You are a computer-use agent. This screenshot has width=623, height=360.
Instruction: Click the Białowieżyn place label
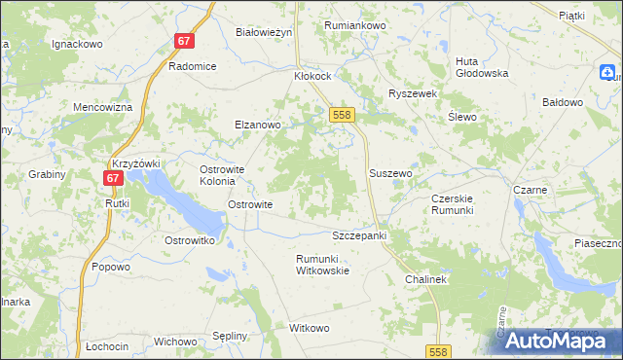pyautogui.click(x=264, y=32)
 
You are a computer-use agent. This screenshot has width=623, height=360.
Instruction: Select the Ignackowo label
pyautogui.click(x=78, y=45)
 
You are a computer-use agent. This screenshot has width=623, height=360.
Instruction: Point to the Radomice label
pyautogui.click(x=191, y=66)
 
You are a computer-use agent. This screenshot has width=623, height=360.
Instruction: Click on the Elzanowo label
pyautogui.click(x=257, y=125)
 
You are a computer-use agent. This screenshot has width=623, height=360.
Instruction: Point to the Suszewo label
pyautogui.click(x=391, y=173)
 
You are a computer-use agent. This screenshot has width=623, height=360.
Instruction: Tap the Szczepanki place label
pyautogui.click(x=360, y=236)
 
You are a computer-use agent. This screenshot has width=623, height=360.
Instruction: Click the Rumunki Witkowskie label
pyautogui.click(x=322, y=264)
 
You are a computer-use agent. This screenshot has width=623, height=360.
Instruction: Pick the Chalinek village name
pyautogui.click(x=425, y=279)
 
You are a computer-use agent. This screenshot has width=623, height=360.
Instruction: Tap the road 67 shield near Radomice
pyautogui.click(x=185, y=41)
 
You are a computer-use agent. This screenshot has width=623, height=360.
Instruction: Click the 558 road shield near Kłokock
pyautogui.click(x=341, y=115)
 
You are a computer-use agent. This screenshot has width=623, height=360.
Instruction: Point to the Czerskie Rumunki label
pyautogui.click(x=452, y=204)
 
